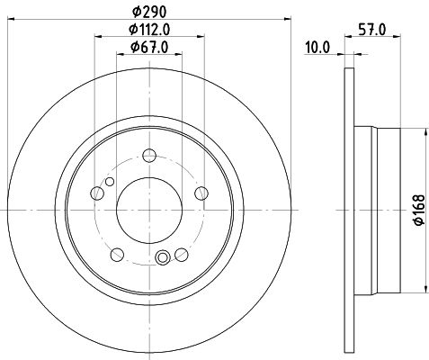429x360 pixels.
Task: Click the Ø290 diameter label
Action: tap(149, 12)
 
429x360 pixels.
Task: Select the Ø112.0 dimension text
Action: tap(149, 30)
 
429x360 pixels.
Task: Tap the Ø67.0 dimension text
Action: tap(149, 47)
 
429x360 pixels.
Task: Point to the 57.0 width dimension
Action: tap(372, 30)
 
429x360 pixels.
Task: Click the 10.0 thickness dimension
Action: tap(317, 48)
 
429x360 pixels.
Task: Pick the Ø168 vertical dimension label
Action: tap(419, 210)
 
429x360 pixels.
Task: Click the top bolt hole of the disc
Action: tap(149, 156)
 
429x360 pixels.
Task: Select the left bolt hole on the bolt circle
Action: tap(97, 193)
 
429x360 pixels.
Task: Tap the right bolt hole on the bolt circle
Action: tap(201, 193)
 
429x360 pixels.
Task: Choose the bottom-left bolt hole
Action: tap(117, 255)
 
